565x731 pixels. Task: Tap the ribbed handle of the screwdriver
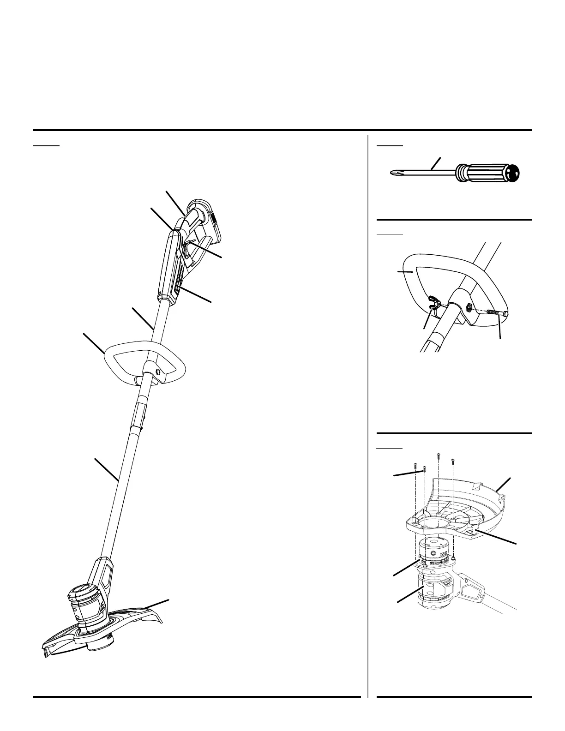point(480,173)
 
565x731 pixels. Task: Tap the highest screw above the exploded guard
point(438,456)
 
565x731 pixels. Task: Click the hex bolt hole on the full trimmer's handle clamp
point(158,371)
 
